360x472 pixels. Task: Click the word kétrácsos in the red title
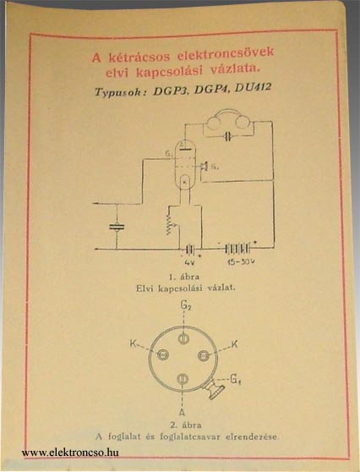point(139,57)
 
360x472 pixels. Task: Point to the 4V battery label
point(189,262)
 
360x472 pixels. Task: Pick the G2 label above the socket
point(186,305)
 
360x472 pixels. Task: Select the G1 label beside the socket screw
point(236,379)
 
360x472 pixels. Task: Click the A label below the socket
point(182,412)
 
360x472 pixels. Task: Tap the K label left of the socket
point(134,343)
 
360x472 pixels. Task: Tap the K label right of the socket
point(234,343)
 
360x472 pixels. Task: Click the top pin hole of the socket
point(183,338)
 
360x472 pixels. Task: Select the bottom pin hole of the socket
point(183,379)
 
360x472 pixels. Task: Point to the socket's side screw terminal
point(215,389)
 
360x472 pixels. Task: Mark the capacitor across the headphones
point(228,137)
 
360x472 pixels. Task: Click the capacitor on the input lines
point(117,227)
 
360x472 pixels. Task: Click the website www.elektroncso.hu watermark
point(70,453)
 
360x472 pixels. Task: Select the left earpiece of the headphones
point(215,123)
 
